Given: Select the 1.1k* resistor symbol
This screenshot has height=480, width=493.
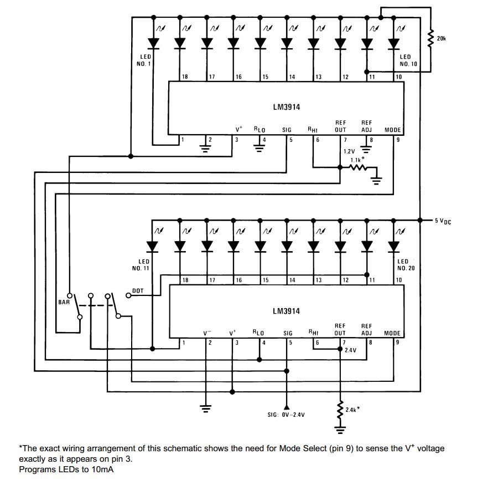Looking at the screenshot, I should (x=358, y=167).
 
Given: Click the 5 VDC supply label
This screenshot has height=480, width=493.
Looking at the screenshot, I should (x=443, y=221).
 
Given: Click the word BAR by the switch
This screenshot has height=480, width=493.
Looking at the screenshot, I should (x=64, y=303).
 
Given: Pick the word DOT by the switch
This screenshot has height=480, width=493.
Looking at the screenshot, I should (x=138, y=291).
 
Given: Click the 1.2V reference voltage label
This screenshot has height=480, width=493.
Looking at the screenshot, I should (x=349, y=151).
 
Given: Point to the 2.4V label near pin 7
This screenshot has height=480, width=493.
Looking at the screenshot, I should (x=350, y=351).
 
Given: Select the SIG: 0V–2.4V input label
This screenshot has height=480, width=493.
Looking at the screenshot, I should (x=286, y=415).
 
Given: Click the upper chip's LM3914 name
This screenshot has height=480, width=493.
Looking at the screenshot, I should (x=286, y=108).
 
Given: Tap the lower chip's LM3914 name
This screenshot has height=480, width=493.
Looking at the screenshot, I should (x=286, y=312).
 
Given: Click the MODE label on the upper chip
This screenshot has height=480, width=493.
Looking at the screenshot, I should (x=392, y=130).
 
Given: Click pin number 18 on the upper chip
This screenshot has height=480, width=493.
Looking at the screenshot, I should (x=185, y=76).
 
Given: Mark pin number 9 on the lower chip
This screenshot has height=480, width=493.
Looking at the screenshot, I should (x=397, y=343).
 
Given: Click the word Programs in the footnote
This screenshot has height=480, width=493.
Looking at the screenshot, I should (x=37, y=469).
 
